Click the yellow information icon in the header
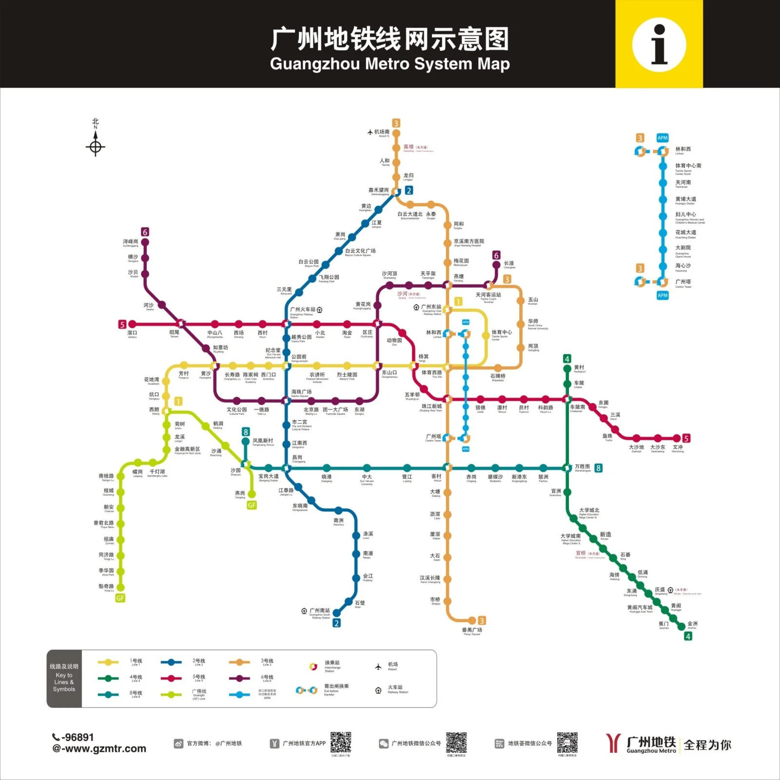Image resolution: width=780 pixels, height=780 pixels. [x=659, y=44]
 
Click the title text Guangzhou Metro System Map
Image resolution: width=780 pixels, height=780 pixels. [x=390, y=64]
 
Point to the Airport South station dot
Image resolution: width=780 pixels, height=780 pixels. [x=396, y=133]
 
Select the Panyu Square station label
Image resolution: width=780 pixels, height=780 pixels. [x=471, y=631]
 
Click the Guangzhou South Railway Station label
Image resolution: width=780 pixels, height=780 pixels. [x=319, y=611]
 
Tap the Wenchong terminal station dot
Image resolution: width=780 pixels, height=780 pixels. [x=677, y=438]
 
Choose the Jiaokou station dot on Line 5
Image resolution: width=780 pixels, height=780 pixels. [x=132, y=324]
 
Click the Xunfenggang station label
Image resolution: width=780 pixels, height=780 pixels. [x=131, y=242]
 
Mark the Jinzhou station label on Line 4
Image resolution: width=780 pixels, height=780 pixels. [x=692, y=624]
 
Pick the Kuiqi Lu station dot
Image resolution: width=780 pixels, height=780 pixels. [x=120, y=587]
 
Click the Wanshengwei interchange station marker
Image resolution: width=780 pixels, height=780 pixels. [x=567, y=468]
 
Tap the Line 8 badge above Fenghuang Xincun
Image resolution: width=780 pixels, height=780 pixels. [x=246, y=432]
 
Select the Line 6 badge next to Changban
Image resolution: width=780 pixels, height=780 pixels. [x=496, y=255]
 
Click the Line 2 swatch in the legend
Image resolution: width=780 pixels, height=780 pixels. [x=171, y=662]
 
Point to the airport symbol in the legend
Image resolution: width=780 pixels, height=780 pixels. [x=378, y=666]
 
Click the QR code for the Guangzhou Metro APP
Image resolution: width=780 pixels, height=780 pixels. [x=341, y=742]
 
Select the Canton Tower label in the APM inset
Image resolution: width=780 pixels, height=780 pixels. [x=683, y=282]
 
